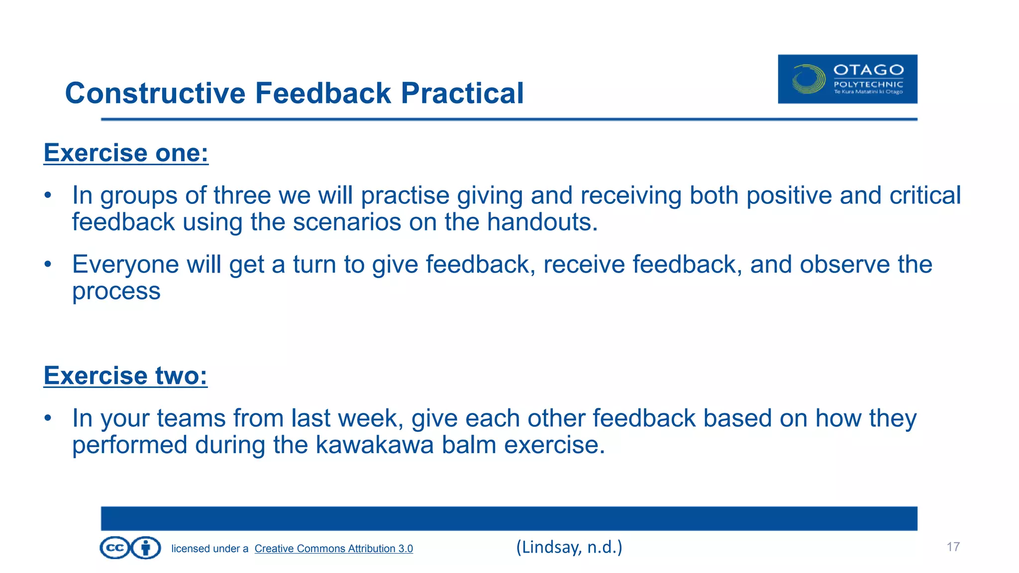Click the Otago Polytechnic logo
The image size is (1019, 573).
(x=847, y=79)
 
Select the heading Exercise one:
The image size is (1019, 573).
(x=126, y=153)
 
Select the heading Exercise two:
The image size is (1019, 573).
(x=125, y=376)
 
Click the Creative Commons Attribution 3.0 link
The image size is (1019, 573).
(x=333, y=549)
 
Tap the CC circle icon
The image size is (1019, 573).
(x=115, y=548)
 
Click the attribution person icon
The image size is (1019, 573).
(x=146, y=548)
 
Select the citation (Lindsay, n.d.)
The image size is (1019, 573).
(x=569, y=547)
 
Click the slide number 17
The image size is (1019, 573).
(x=952, y=547)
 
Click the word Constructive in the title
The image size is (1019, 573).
(x=155, y=93)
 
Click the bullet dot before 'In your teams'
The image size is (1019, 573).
(x=47, y=418)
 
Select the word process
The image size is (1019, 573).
(x=116, y=291)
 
